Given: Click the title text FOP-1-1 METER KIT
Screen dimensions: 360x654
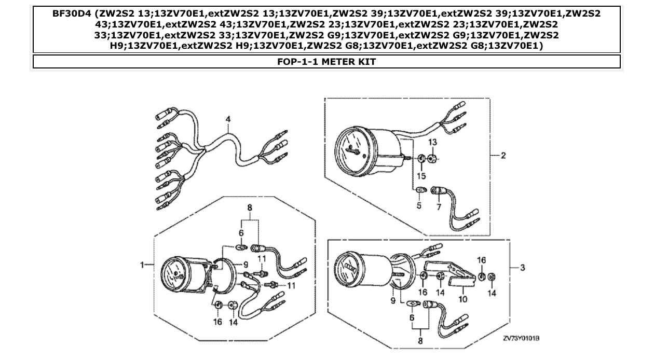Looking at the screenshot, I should pos(326,62).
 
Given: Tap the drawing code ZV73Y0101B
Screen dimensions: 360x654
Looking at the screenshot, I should pos(521,338).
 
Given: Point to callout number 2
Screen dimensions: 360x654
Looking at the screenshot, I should pos(503,155).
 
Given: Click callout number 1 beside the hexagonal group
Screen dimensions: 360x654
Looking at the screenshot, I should pos(141,265).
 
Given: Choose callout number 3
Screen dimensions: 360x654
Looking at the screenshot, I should pos(523,268).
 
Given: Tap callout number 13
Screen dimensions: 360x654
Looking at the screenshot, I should pos(433,142).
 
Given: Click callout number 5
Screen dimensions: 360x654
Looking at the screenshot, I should pos(419,205).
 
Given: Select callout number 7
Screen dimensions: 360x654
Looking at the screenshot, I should pos(438,207).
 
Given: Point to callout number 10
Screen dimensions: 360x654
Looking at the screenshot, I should pos(462,299).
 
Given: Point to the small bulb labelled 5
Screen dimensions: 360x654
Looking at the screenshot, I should pos(420,191).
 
